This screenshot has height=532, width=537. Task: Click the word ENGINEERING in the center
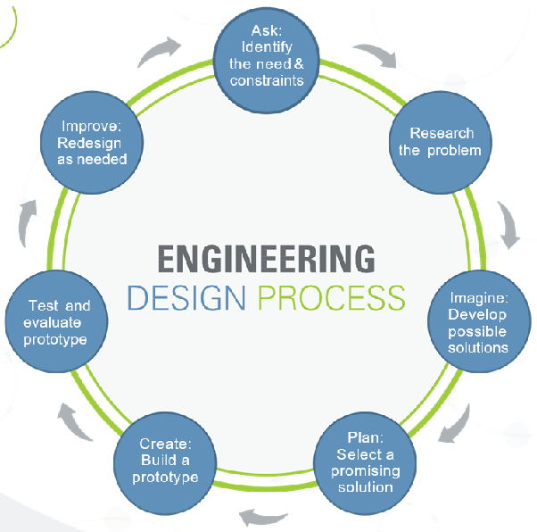tap(266, 259)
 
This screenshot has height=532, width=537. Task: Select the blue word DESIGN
tap(186, 298)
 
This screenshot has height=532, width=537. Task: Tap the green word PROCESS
tap(332, 298)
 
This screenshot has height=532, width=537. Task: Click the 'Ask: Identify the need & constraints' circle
tap(267, 61)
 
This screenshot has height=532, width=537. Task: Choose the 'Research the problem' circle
tap(441, 143)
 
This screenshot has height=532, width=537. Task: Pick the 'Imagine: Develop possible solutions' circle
tap(479, 321)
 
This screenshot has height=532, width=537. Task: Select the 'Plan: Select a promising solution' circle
tap(365, 463)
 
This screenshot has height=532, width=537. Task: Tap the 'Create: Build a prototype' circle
tap(165, 463)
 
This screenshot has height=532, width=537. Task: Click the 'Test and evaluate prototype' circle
tap(56, 321)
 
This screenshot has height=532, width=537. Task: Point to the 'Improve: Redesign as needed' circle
tap(92, 143)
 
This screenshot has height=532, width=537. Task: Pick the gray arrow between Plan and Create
tap(262, 518)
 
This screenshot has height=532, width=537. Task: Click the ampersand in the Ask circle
tap(299, 63)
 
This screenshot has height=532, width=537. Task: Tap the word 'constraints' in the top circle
tap(267, 80)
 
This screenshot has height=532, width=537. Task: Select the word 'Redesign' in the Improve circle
tap(89, 144)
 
